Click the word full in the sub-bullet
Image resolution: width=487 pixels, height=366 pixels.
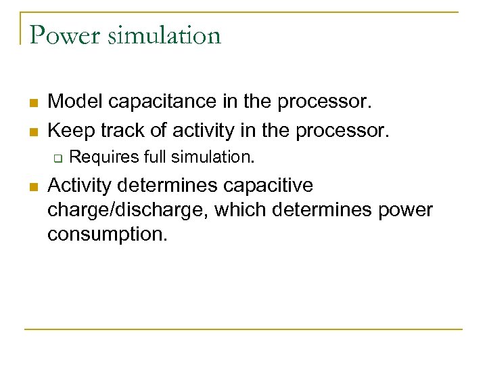tap(154, 157)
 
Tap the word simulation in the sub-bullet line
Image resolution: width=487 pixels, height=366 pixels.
tap(212, 157)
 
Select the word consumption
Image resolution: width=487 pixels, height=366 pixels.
tap(106, 236)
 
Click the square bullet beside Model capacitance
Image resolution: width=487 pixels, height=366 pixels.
tap(32, 104)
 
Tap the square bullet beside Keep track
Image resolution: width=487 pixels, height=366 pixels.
tap(32, 129)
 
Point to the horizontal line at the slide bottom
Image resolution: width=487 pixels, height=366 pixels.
tap(243, 329)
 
